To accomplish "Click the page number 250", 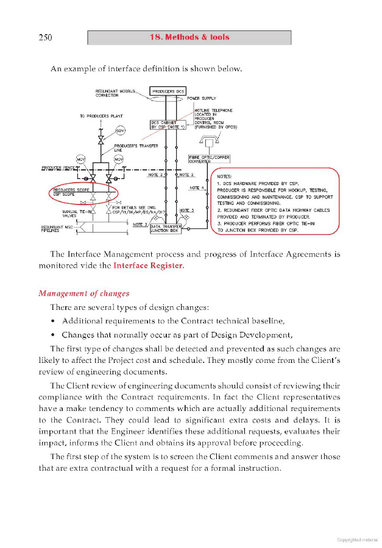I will coord(45,38).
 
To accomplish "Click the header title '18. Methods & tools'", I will coord(189,37).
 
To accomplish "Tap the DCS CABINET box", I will coord(168,125).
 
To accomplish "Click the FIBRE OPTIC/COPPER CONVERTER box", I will coord(210,160).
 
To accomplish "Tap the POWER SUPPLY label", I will coord(202,99).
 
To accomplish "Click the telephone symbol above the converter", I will coord(210,141).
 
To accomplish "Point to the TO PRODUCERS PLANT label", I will coord(101,116).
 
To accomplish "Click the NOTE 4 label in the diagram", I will coord(196,188).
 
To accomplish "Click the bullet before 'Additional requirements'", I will coord(54,321).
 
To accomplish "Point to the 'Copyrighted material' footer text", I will coord(357,539).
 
